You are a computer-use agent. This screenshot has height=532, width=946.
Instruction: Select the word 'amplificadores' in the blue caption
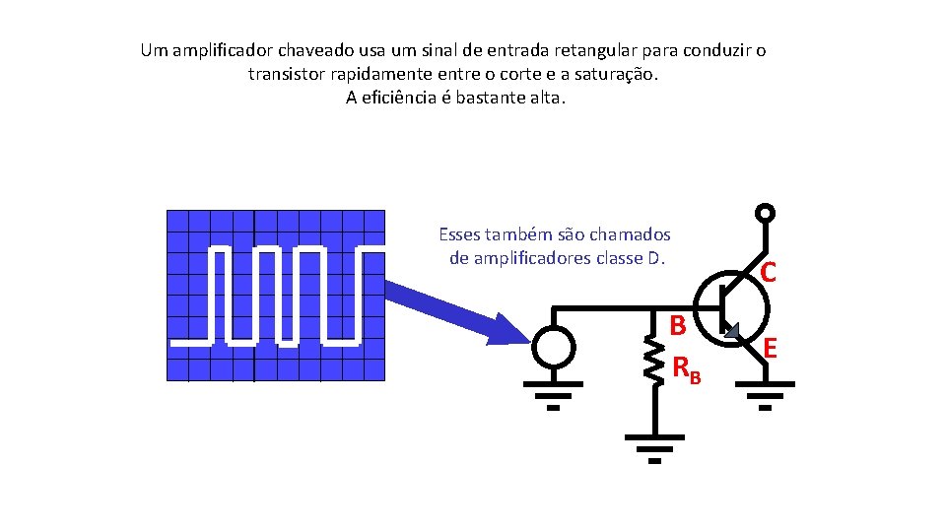(529, 258)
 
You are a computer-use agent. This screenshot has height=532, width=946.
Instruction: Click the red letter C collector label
(769, 272)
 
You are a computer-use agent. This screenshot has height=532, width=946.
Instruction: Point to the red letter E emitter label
(771, 348)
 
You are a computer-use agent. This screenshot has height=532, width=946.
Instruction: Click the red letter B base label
(679, 324)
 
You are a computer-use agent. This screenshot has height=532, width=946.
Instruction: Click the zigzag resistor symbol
(651, 361)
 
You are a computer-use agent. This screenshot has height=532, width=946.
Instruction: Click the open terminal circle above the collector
(765, 214)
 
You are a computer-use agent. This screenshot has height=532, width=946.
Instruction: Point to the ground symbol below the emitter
(765, 401)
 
